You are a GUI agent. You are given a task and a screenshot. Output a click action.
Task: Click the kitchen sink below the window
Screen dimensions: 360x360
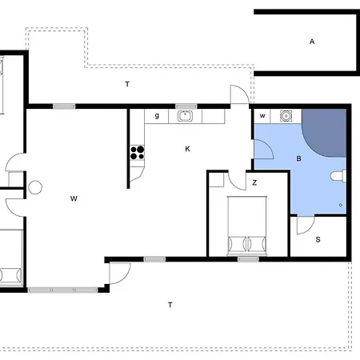pyautogui.click(x=185, y=116)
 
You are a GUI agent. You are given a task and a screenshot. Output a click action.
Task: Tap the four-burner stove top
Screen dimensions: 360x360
pyautogui.click(x=138, y=153)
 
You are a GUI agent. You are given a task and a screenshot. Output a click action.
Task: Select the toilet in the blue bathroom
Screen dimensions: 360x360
pyautogui.click(x=338, y=176)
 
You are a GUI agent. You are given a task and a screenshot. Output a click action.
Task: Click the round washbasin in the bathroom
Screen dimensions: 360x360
pyautogui.click(x=286, y=116)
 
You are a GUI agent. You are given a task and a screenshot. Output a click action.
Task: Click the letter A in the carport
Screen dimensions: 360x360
pyautogui.click(x=312, y=42)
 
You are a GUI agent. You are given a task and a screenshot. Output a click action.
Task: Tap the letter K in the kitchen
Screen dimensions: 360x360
pyautogui.click(x=187, y=149)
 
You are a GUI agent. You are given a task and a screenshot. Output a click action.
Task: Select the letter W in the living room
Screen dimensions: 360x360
pyautogui.click(x=74, y=198)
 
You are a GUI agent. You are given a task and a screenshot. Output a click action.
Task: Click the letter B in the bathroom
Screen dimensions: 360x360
pyautogui.click(x=298, y=158)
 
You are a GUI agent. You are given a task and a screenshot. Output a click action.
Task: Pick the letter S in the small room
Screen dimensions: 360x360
pyautogui.click(x=318, y=239)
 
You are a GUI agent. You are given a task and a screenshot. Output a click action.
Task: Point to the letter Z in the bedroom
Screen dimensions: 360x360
pyautogui.click(x=254, y=182)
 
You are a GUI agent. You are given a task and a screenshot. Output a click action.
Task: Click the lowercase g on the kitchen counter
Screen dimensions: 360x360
pyautogui.click(x=157, y=116)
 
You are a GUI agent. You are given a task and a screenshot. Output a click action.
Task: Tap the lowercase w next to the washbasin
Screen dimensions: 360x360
pyautogui.click(x=262, y=116)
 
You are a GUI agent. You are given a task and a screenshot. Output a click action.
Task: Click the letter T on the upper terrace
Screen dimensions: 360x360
pyautogui.click(x=127, y=84)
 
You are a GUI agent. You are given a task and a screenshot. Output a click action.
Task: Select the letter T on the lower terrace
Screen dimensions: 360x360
pyautogui.click(x=170, y=305)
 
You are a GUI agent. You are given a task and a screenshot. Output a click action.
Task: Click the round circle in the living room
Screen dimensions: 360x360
pyautogui.click(x=35, y=187)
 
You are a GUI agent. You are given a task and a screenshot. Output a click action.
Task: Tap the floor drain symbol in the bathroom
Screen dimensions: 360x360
pyautogui.click(x=341, y=205)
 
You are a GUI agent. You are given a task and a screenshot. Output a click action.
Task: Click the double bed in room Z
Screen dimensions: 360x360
pyautogui.click(x=247, y=226)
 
